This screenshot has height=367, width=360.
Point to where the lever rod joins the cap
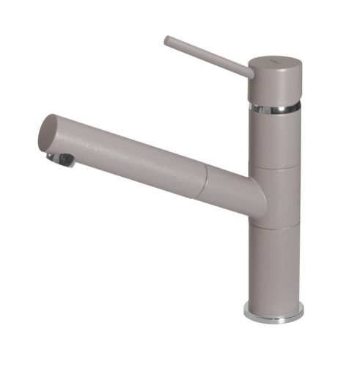249,72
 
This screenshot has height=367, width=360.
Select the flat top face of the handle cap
275,62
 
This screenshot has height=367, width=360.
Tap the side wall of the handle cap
274,87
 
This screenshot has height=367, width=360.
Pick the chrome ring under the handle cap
274,108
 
